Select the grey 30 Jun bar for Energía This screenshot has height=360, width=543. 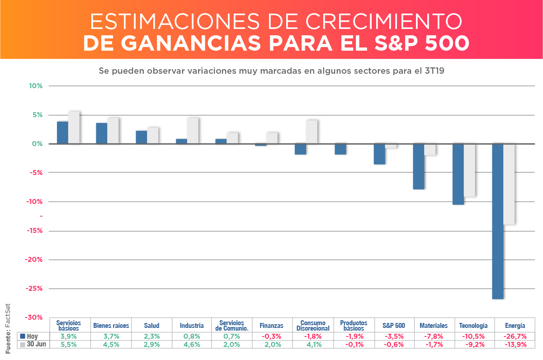pos(510,184)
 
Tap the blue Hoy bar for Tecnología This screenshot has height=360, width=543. pos(458,174)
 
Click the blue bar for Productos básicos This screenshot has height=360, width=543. pos(340,149)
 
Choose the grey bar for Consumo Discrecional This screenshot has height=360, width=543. pos(312,132)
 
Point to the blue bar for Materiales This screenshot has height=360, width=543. pos(419,166)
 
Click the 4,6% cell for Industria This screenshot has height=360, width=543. pos(192,344)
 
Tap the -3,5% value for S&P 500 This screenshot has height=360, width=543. pos(393,336)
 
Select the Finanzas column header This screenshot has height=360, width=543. pos(271,325)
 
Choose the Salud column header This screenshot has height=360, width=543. pos(151,325)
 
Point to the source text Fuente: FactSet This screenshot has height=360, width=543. pos(8,328)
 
